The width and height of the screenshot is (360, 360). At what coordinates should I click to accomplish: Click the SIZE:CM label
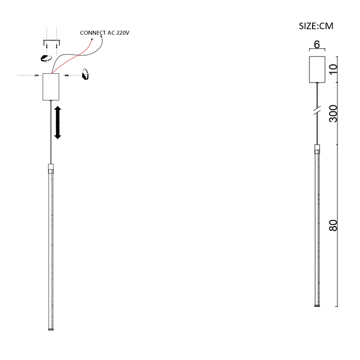tap(316, 26)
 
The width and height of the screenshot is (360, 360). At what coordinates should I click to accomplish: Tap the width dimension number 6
tap(317, 44)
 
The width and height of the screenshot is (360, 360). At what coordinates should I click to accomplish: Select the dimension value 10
tap(333, 69)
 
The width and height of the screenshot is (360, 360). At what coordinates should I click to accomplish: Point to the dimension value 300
tap(333, 114)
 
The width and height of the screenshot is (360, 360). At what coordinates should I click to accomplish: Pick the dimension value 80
tap(333, 225)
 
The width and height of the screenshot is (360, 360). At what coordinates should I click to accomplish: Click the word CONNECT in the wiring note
tap(93, 33)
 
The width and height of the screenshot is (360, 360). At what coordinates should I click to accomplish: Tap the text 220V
tap(123, 33)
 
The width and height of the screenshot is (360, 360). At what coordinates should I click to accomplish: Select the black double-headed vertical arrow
tap(57, 122)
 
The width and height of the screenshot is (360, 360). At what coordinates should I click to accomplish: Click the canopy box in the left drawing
tap(51, 87)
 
